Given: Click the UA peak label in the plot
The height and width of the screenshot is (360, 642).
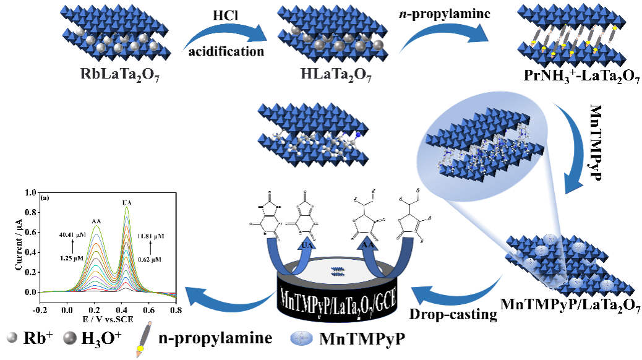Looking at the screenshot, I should click(x=127, y=202).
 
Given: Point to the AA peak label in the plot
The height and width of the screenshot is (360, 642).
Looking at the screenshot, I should click(x=96, y=220).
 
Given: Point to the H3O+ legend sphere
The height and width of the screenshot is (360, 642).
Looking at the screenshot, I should click(x=66, y=338).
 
